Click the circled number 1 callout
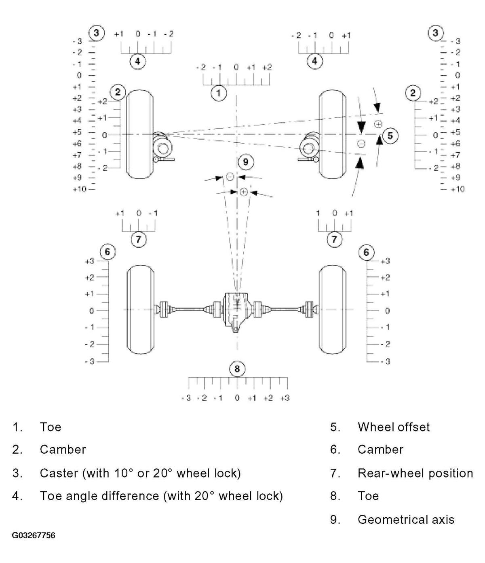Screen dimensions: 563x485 click(x=219, y=93)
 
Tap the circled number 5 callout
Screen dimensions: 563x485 click(x=390, y=136)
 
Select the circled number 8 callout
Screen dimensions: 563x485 click(x=237, y=369)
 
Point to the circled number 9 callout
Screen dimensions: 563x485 click(x=246, y=162)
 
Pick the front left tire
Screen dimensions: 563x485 click(x=139, y=134)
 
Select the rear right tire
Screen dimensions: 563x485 click(x=333, y=310)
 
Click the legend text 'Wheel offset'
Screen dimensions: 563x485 click(x=393, y=427)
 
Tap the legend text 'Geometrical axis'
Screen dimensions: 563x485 click(x=406, y=519)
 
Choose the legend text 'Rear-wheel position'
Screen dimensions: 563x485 click(x=415, y=473)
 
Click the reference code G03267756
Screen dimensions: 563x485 click(x=34, y=535)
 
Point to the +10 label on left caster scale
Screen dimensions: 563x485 click(x=79, y=189)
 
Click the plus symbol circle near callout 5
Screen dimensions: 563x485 click(x=378, y=124)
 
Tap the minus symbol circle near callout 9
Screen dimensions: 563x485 click(x=230, y=176)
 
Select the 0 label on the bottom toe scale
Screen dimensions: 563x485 click(x=237, y=398)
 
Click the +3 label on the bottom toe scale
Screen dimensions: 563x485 click(x=285, y=398)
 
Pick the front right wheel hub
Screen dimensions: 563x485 click(x=308, y=148)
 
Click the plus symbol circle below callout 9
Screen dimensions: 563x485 click(x=243, y=192)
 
